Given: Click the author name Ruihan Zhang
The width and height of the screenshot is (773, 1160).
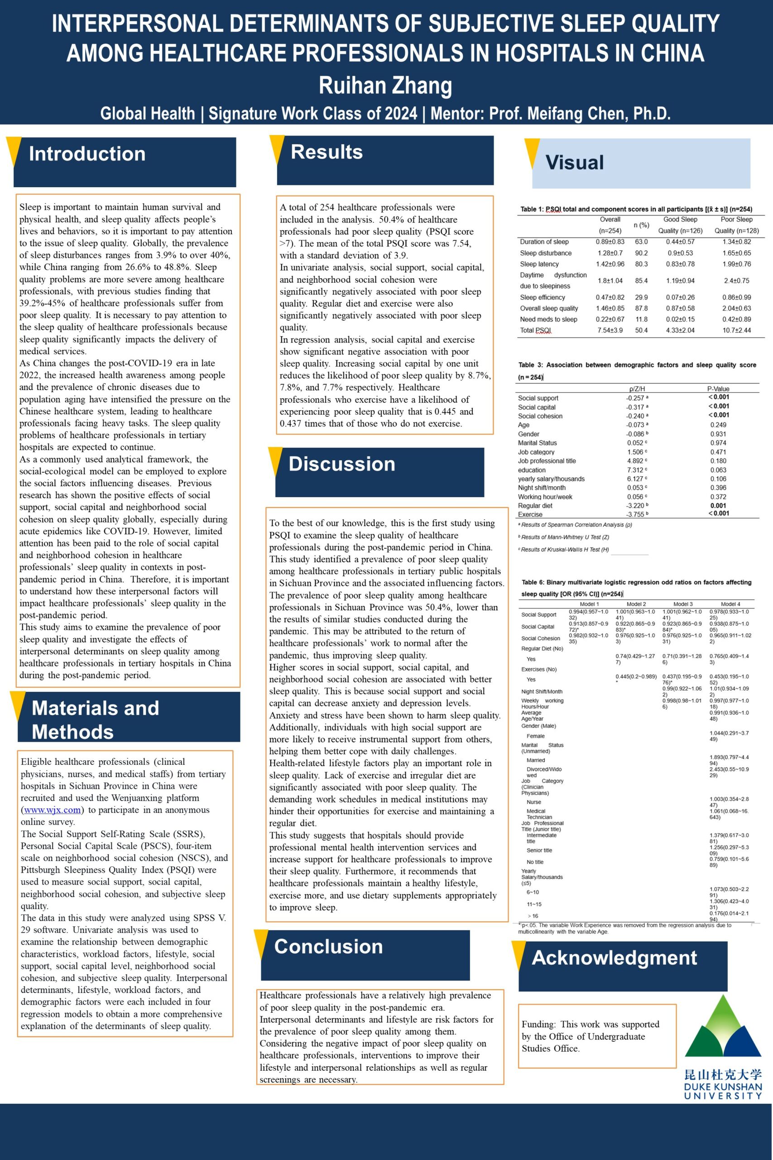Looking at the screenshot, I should point(385,85).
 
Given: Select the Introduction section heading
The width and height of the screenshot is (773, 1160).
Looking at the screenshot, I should point(87,154).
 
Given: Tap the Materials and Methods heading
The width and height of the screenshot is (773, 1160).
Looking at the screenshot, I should point(95,720).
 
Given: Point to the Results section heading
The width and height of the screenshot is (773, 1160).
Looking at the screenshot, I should point(326,152).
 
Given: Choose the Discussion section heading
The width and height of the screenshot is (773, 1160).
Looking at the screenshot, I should point(341,464).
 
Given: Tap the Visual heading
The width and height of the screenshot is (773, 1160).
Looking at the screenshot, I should point(574,163).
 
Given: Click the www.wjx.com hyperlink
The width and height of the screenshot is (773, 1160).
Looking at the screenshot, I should point(53,810).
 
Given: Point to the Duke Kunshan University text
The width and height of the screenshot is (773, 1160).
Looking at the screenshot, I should point(723,1091).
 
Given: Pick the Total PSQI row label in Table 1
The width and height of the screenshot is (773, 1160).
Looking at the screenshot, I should point(535,330).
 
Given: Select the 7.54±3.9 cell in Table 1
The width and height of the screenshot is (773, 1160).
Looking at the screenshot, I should point(610,330).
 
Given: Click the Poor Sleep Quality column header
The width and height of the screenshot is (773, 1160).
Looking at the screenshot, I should point(736,225).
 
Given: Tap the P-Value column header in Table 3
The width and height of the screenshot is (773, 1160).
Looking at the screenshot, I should point(718,389).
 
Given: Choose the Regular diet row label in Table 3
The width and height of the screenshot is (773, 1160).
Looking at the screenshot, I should point(535,506).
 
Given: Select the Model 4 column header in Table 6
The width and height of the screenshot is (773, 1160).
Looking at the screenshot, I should point(730,604).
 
